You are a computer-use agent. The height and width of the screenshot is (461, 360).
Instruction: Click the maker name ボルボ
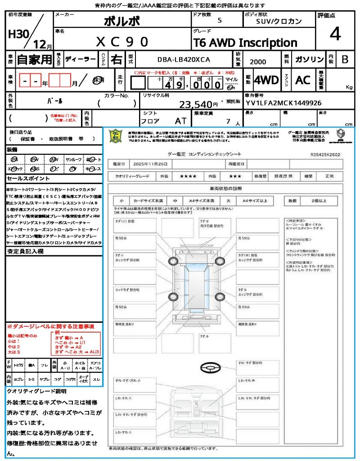click(121, 21)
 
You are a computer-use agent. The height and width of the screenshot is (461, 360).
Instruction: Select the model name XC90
click(122, 42)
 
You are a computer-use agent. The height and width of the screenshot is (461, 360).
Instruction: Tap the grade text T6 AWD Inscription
click(245, 43)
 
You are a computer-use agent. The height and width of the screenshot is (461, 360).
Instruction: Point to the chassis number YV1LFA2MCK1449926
click(283, 103)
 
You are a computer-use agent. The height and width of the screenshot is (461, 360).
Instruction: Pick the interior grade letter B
click(345, 59)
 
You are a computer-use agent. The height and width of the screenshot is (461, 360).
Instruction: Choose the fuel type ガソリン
click(309, 59)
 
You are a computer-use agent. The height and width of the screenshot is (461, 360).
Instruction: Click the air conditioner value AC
click(303, 80)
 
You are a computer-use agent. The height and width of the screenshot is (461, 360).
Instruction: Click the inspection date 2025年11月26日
click(153, 164)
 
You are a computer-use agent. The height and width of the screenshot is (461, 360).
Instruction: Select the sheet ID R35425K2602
click(325, 154)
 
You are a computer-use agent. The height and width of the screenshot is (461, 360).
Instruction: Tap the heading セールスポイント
click(25, 179)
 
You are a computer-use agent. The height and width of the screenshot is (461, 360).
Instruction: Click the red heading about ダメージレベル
click(50, 326)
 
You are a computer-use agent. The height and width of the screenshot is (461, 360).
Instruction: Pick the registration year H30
click(18, 35)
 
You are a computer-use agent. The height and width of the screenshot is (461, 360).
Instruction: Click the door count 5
click(219, 21)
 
